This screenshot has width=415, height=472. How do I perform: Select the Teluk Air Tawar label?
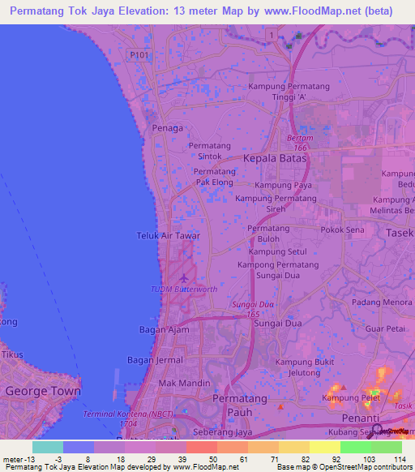168,236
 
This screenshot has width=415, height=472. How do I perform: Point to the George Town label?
43,391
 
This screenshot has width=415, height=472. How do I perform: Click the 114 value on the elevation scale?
397,459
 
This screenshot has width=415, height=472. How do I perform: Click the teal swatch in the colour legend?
48,447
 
